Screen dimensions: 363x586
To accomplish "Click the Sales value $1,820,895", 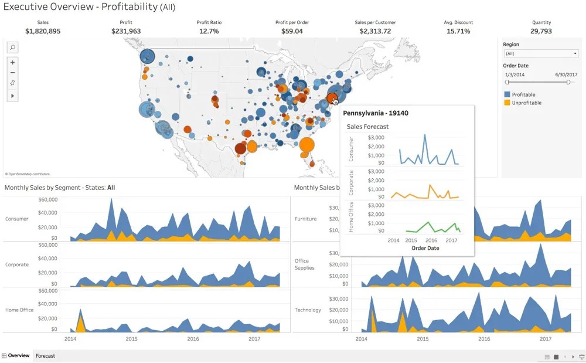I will click(x=43, y=31).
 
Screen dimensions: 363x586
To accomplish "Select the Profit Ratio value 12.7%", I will click(x=209, y=31).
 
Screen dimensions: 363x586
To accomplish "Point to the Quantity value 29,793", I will click(x=541, y=31).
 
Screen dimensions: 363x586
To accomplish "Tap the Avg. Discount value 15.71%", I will click(x=458, y=31).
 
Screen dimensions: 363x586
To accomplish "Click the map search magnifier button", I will click(x=13, y=47).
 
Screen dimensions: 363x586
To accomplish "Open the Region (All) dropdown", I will click(x=541, y=53).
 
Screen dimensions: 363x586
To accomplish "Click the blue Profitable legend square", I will click(x=507, y=94).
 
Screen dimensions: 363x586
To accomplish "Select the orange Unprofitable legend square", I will click(x=507, y=103).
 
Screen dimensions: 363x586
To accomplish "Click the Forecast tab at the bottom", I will click(x=45, y=356).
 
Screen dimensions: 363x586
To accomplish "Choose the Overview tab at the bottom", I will click(x=18, y=356).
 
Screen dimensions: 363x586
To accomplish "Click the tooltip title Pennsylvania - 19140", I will click(x=376, y=113).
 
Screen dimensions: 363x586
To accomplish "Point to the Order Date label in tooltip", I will click(x=425, y=248).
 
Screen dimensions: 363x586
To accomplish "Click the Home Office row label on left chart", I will click(x=19, y=310).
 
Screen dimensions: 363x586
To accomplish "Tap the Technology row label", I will click(x=308, y=310).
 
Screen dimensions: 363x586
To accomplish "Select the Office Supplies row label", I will click(x=304, y=264).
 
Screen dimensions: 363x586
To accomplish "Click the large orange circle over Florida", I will click(x=306, y=145).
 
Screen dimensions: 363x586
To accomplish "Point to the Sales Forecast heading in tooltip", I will click(x=367, y=127).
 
